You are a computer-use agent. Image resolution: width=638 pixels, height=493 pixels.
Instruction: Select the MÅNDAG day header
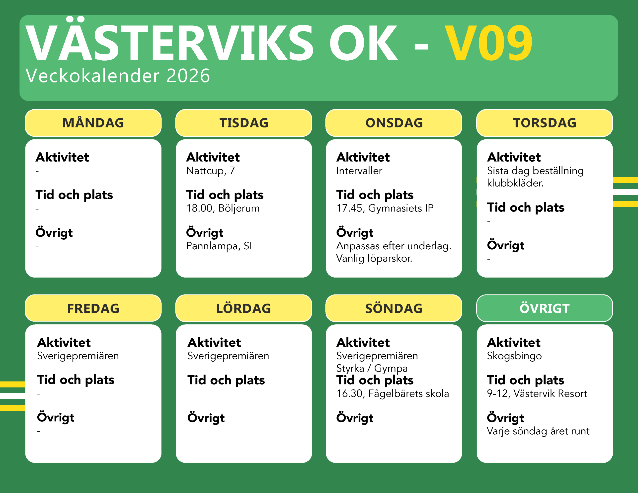pos(93,123)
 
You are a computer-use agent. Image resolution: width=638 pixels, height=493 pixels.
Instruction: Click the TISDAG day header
pos(244,123)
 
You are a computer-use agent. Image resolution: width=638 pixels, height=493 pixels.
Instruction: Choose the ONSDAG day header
pos(394,123)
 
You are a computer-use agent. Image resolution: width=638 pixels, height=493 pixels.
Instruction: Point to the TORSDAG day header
pos(545,123)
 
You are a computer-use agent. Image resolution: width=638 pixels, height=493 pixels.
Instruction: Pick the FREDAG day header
pos(93,308)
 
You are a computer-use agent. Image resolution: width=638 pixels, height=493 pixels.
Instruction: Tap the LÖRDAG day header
pos(244,308)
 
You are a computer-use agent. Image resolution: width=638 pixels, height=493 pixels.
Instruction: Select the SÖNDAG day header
pos(394,308)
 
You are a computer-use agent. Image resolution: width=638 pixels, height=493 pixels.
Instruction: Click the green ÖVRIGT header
pos(545,308)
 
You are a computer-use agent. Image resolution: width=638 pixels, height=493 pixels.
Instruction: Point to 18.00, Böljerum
pos(223,208)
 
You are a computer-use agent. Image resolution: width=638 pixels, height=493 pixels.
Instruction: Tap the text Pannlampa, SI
pos(219,246)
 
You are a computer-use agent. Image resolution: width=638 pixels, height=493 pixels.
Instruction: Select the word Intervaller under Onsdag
pos(359,171)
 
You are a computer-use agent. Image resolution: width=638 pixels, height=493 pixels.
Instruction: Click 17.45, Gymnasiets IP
pos(385,208)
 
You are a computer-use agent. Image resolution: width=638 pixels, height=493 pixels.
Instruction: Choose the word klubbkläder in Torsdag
pos(515,183)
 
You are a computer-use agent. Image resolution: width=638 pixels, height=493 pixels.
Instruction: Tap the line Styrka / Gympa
pos(372,369)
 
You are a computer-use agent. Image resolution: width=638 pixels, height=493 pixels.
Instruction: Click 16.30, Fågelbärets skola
pos(393,394)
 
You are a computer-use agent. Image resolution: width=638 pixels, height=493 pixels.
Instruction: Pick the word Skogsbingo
pos(514,356)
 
